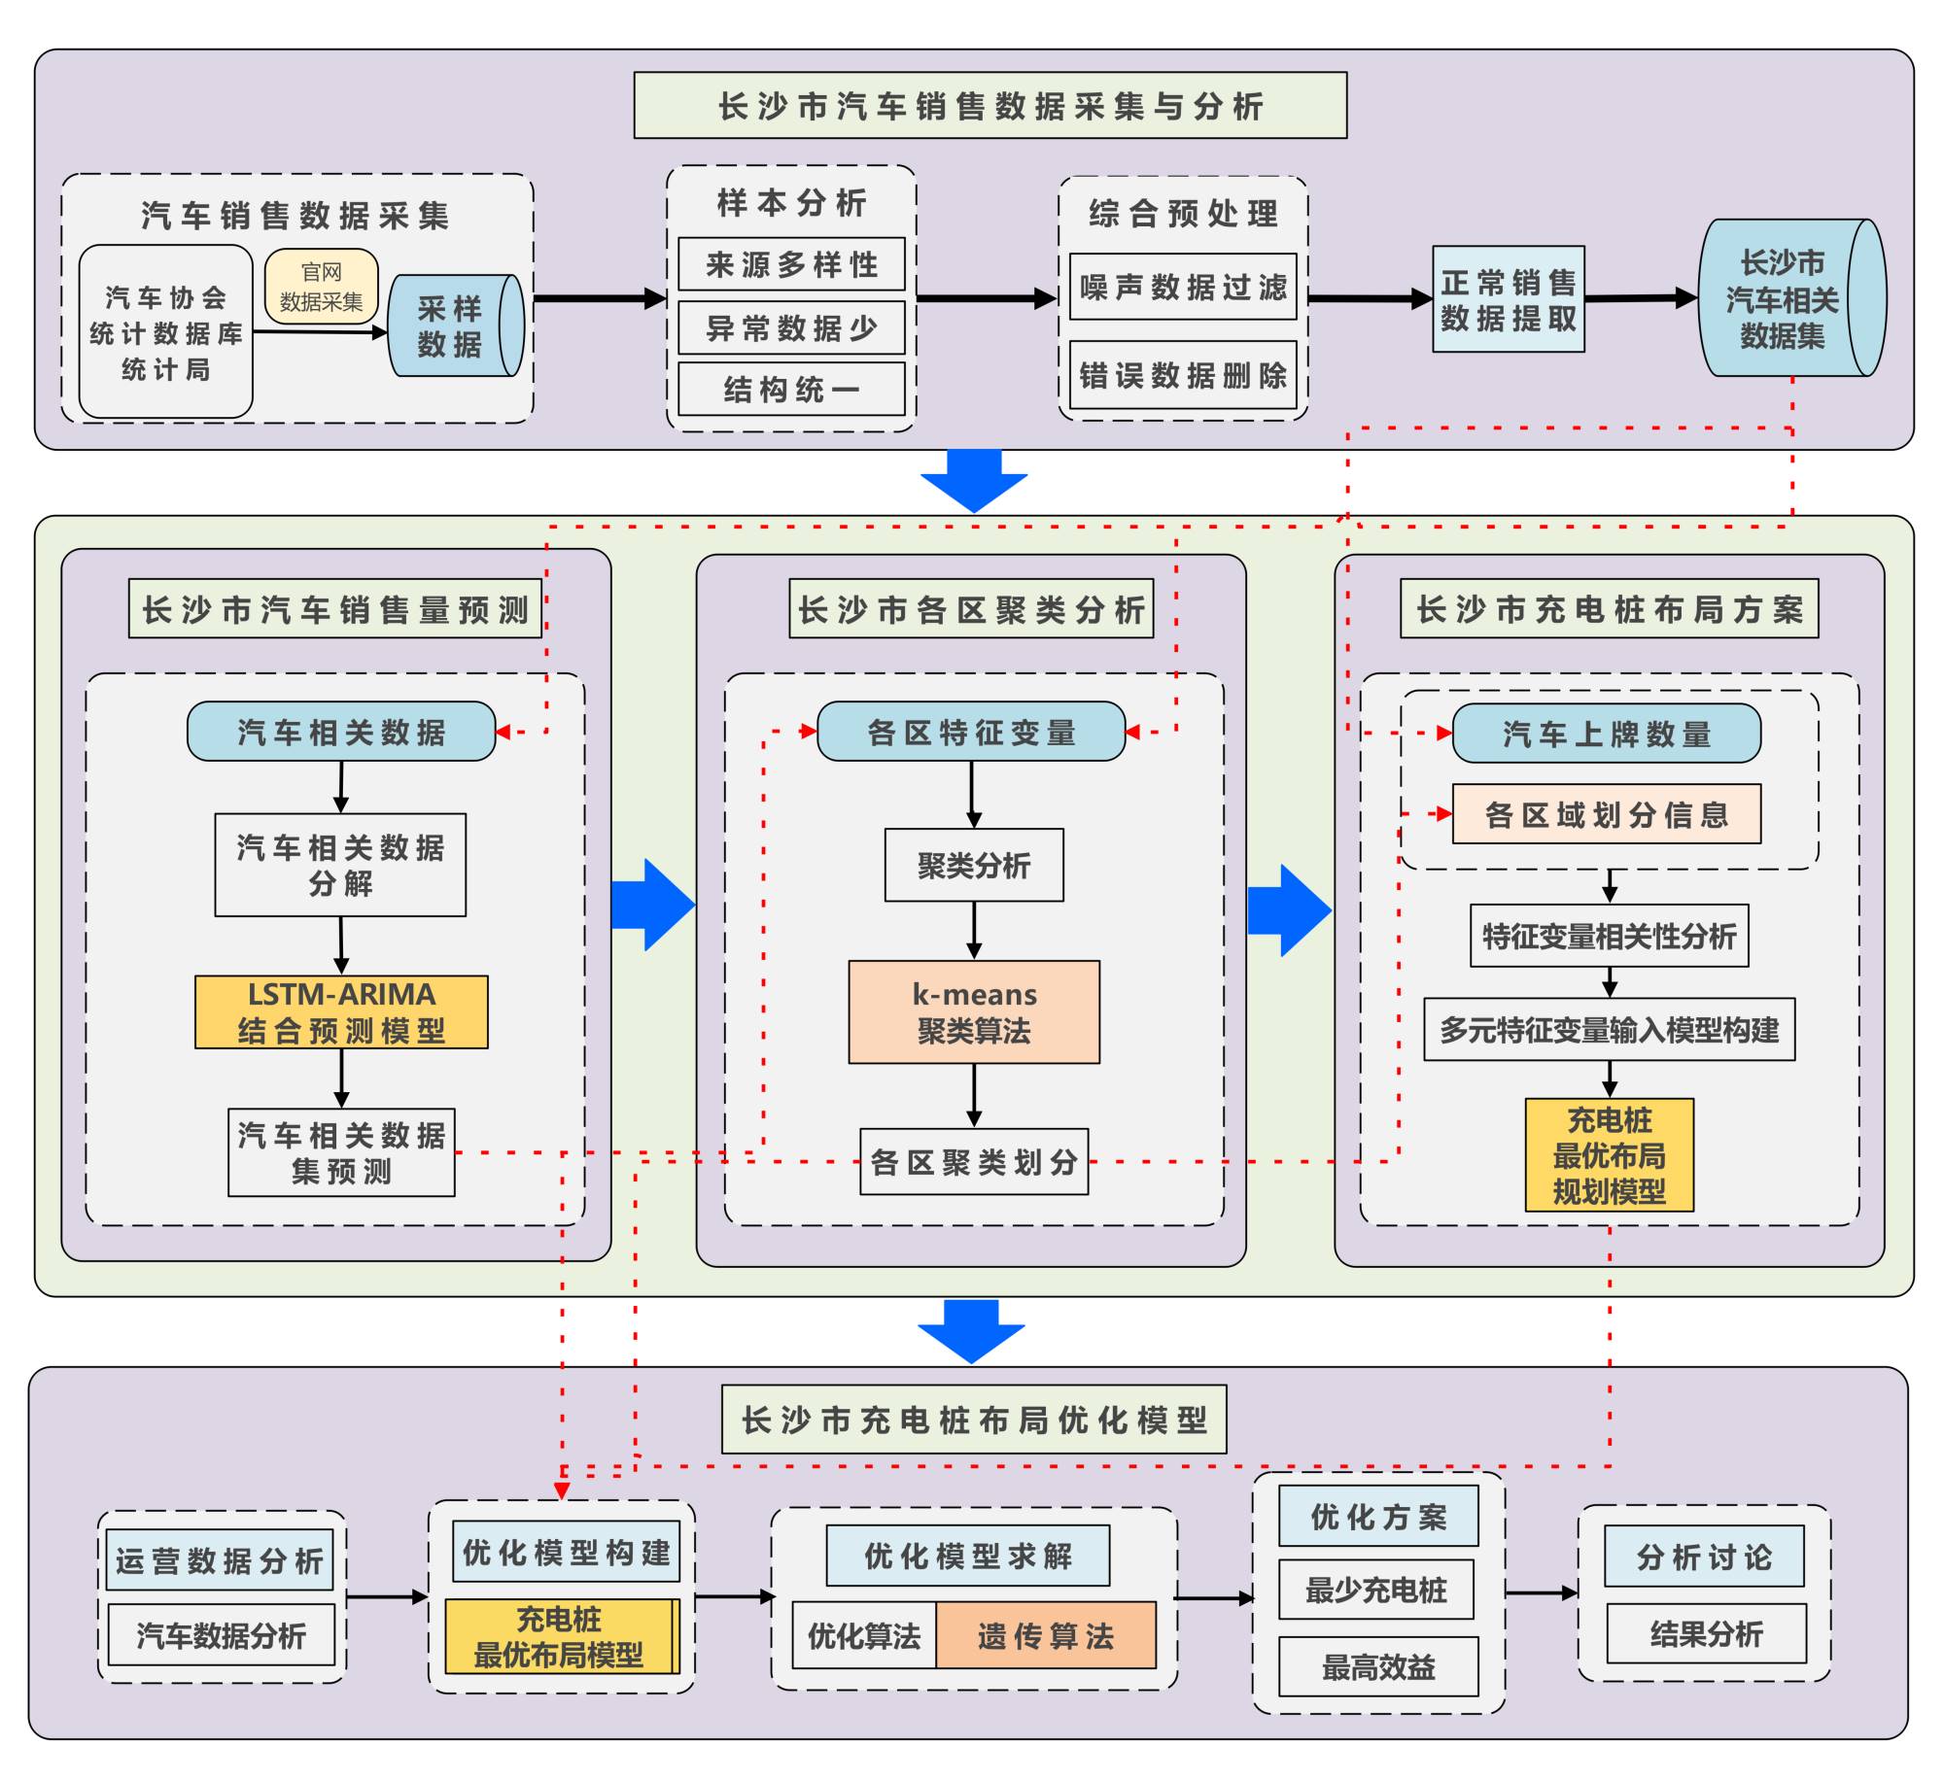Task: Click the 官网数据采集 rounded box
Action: point(321,287)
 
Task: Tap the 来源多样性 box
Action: point(791,264)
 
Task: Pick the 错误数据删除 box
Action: point(1183,375)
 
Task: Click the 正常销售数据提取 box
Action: point(1508,299)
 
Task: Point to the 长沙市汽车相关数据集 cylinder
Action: point(1783,298)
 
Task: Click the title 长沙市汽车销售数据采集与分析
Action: point(989,105)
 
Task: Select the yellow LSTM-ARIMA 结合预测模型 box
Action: point(341,1011)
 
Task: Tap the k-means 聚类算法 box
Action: point(974,1011)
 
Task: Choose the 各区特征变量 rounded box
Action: point(971,732)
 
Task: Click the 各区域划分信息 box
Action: point(1606,814)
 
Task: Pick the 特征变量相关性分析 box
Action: point(1609,936)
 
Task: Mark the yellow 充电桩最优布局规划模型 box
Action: point(1609,1154)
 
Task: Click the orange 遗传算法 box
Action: point(1046,1636)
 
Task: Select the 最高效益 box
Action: point(1377,1667)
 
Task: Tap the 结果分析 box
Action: point(1706,1634)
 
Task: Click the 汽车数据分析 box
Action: point(221,1635)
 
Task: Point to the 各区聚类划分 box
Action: point(974,1161)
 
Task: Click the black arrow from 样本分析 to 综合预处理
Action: point(987,298)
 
